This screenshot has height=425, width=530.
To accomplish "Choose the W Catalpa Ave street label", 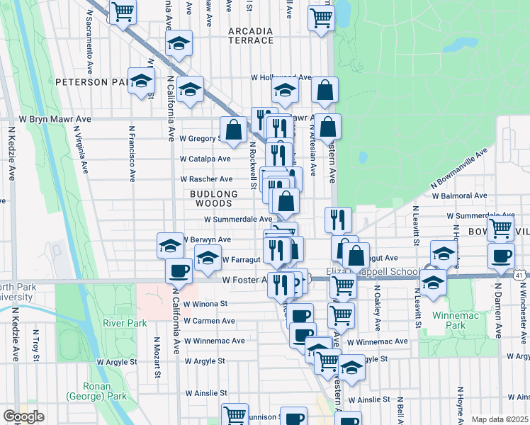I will (205, 159).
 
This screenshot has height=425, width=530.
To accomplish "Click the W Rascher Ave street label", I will (205, 180).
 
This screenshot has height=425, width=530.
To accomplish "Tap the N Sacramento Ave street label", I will (90, 42).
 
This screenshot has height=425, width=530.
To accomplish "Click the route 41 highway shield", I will (519, 275).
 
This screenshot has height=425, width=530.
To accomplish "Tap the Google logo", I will (23, 416).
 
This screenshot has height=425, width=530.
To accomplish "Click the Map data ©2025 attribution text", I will (499, 419).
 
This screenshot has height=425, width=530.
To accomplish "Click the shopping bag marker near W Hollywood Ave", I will (324, 89).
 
